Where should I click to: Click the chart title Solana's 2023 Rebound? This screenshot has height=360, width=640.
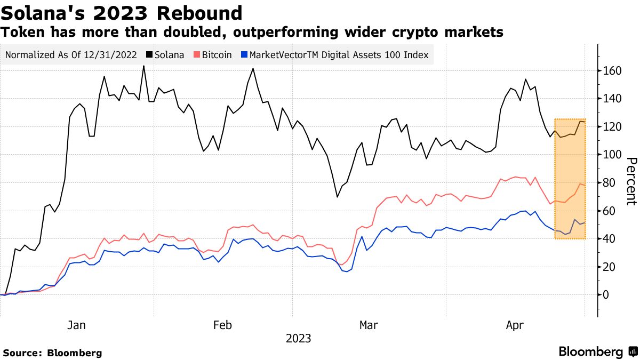pos(122,12)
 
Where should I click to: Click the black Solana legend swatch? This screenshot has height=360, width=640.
pos(149,55)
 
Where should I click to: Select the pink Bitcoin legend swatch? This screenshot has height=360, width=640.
pos(197,55)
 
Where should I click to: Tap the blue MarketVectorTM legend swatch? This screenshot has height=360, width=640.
pos(244,55)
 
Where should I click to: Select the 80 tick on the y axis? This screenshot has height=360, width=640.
pos(610,183)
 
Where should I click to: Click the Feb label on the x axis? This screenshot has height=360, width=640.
pos(222,325)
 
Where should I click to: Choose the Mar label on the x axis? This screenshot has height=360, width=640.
pos(369,325)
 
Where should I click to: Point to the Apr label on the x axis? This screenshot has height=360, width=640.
pos(515,325)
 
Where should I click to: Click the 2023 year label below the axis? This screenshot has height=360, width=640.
pos(298,339)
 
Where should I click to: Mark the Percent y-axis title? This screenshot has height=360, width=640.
pos(631,181)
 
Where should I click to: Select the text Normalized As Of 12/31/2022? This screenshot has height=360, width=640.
pos(71,55)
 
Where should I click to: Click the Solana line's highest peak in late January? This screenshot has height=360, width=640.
pos(143,66)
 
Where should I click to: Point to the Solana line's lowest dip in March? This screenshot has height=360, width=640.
pos(338,197)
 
